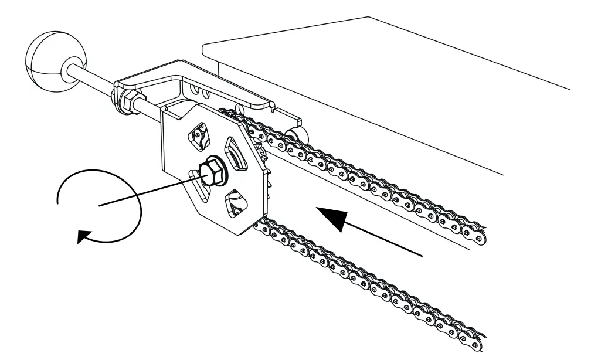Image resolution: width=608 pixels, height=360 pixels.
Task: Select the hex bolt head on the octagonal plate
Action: tap(210, 171)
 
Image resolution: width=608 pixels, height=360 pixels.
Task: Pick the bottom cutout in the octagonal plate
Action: tap(238, 204)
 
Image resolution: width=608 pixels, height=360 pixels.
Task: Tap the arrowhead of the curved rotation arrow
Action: tap(86, 237)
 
